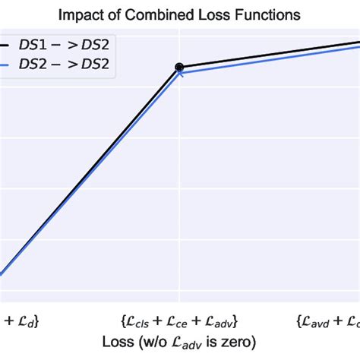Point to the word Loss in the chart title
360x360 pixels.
[x=207, y=14]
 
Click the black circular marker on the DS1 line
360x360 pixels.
[x=179, y=68]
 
